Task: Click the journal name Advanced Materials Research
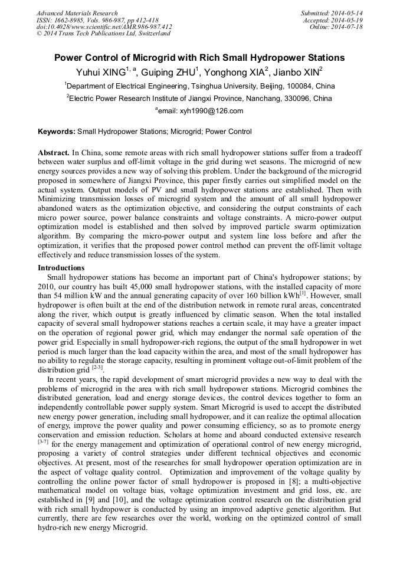[x=77, y=13]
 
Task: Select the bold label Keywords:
[x=57, y=132]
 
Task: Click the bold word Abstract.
[x=54, y=152]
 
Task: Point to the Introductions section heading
[x=61, y=267]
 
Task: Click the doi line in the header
[x=104, y=27]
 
